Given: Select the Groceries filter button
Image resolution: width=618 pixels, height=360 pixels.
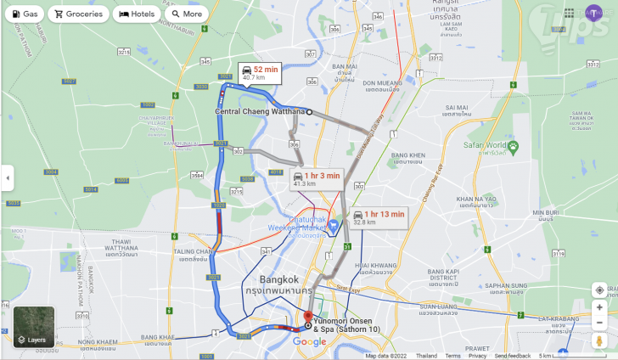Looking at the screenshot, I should pos(78,14).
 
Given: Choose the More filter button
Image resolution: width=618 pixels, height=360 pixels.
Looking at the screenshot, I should pos(187,14).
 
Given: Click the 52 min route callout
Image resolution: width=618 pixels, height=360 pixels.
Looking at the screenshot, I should pos(260,72).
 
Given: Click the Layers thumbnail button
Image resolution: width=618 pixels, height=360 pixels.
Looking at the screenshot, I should pos(34,327).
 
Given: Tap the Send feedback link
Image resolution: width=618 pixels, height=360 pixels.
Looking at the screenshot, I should pos(513,356).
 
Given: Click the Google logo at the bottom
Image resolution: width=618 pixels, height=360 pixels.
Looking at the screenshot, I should pos(310,341).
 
